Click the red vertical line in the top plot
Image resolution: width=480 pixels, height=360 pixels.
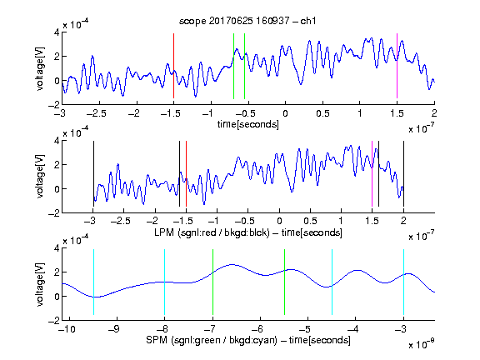[173, 66]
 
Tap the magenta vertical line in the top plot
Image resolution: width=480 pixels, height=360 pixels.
[397, 66]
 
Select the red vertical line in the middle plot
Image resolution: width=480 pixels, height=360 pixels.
[186, 173]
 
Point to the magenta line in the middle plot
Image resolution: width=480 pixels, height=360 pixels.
[372, 173]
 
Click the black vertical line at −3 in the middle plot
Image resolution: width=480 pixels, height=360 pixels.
[93, 173]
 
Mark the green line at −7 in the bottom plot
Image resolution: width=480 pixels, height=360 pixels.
[212, 282]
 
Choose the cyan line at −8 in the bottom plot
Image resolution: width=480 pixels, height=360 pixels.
[165, 282]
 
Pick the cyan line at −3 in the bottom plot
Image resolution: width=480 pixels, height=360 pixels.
[404, 282]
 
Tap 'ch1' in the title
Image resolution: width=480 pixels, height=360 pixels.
[308, 21]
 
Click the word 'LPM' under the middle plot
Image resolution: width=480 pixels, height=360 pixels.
[164, 232]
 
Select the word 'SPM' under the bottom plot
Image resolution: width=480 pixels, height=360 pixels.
[157, 340]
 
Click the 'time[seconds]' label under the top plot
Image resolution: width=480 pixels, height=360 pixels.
[248, 124]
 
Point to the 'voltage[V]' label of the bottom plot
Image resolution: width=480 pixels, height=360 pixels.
[40, 285]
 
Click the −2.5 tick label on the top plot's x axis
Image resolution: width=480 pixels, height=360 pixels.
[96, 113]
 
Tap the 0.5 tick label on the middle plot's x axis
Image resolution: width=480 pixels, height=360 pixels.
[310, 221]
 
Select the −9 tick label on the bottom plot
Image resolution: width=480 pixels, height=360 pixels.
[114, 329]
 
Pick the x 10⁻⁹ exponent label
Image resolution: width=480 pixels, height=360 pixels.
[422, 344]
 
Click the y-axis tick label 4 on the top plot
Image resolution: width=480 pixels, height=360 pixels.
[57, 32]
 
